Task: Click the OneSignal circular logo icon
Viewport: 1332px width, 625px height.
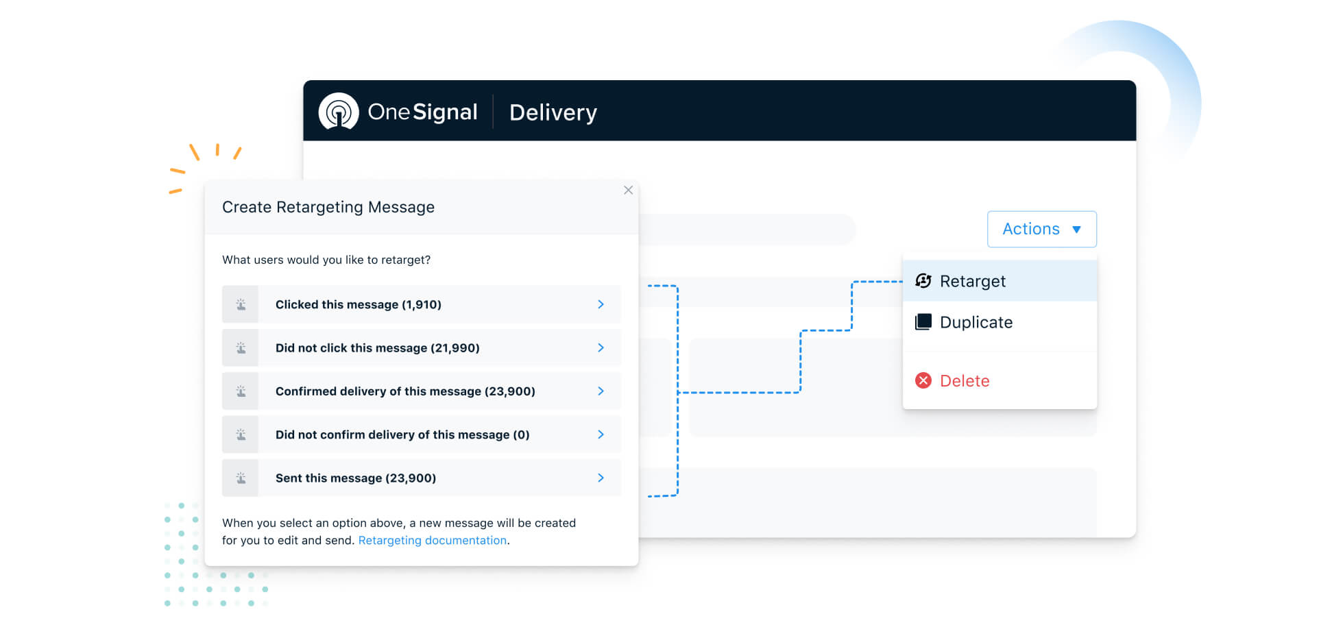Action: point(339,111)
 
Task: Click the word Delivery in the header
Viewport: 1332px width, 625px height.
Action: point(553,112)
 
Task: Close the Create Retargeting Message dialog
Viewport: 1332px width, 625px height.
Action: point(628,190)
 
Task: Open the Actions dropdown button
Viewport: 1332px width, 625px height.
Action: point(1041,229)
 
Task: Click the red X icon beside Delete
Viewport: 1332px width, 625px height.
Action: point(923,380)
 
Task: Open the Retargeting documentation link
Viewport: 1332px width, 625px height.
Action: point(433,540)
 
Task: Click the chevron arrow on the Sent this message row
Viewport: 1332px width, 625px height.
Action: point(601,478)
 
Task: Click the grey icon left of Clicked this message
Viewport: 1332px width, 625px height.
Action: point(241,304)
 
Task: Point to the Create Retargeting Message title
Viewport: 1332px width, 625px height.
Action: point(328,207)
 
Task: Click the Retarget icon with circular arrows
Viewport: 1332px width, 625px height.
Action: point(923,280)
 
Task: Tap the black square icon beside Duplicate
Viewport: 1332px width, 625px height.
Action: point(923,321)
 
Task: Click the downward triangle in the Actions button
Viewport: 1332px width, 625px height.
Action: point(1076,230)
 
